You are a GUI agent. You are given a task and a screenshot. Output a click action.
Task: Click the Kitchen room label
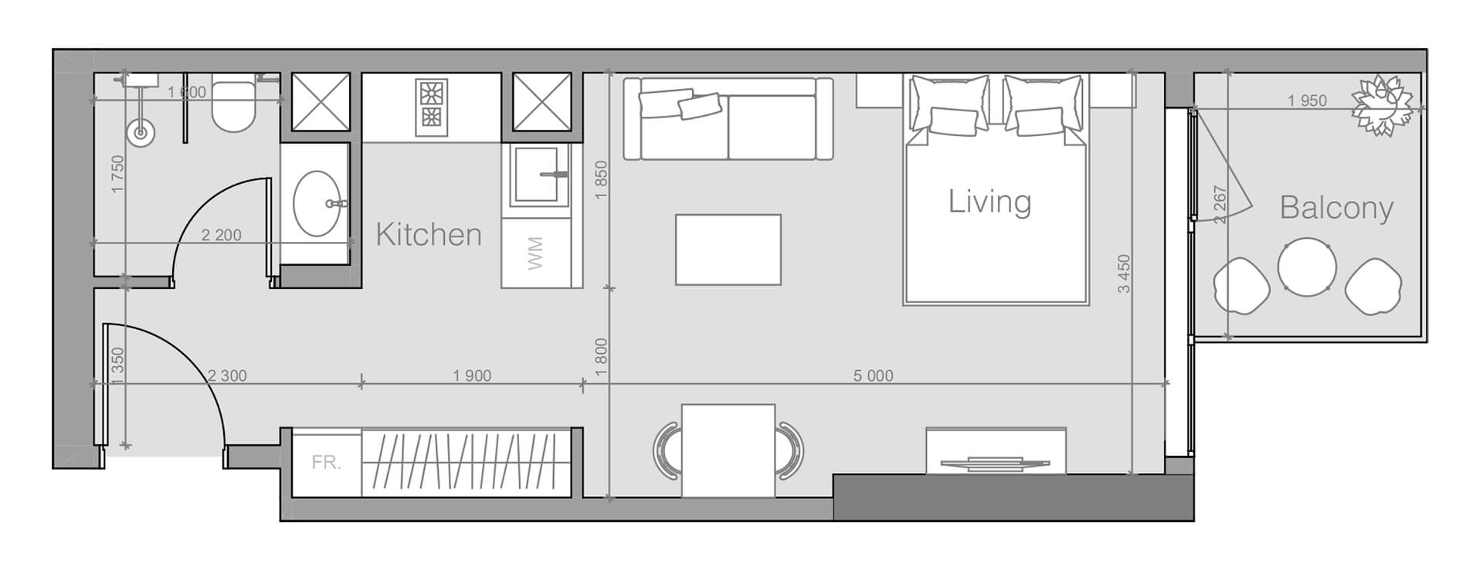(429, 234)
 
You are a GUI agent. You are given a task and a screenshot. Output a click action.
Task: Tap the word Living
(989, 202)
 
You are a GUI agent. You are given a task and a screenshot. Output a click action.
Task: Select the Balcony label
(1336, 208)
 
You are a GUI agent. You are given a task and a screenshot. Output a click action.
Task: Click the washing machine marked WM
(535, 253)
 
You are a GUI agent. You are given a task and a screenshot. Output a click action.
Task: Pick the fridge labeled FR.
(326, 463)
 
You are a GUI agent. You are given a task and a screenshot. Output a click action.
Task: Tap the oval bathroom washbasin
(317, 203)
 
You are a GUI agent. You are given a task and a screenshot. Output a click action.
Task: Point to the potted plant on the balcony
(1381, 106)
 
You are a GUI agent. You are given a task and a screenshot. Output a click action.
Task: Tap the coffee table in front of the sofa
(728, 250)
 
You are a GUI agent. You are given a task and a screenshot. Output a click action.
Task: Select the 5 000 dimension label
(873, 376)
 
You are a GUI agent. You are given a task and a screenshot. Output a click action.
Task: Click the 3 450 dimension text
(1124, 274)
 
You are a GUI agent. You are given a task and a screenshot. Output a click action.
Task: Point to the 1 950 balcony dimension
(1307, 100)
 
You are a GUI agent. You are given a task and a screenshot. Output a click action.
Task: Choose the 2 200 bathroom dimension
(221, 236)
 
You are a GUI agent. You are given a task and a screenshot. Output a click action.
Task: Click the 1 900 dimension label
(472, 376)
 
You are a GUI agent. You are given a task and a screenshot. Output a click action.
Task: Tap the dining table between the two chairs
(728, 450)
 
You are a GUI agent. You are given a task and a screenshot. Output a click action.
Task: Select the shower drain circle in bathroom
(141, 133)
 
